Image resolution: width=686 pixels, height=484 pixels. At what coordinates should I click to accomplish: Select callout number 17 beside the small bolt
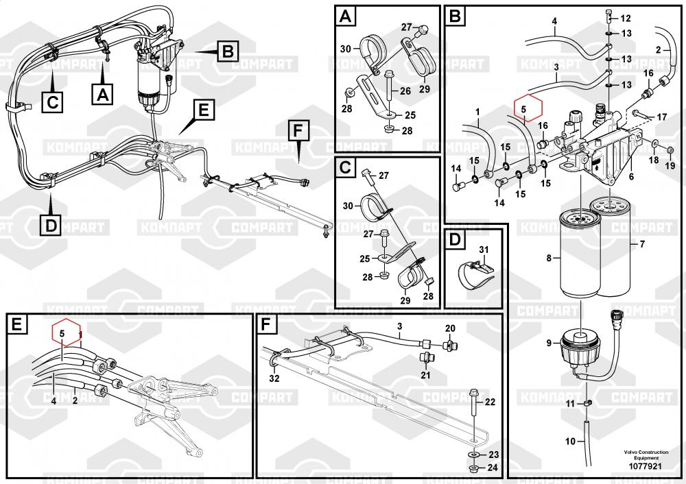pyautogui.click(x=661, y=117)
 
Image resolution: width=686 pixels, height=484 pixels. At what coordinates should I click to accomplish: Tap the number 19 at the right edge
pyautogui.click(x=670, y=165)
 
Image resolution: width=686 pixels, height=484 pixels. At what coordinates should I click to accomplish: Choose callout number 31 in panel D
pyautogui.click(x=483, y=249)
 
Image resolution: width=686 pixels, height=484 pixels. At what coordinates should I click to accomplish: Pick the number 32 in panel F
pyautogui.click(x=274, y=378)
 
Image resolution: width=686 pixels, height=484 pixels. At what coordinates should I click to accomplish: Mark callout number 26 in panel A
pyautogui.click(x=405, y=90)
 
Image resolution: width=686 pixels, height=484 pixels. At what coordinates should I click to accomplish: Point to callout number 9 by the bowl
pyautogui.click(x=549, y=343)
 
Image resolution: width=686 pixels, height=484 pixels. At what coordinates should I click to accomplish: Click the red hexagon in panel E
pyautogui.click(x=67, y=334)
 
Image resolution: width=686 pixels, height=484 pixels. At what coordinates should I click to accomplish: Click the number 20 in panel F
pyautogui.click(x=450, y=328)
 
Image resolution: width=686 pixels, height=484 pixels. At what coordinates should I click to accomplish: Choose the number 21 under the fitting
pyautogui.click(x=425, y=375)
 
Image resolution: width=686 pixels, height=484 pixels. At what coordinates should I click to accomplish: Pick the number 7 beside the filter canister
pyautogui.click(x=642, y=245)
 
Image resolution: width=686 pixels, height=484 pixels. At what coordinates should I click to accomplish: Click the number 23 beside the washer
pyautogui.click(x=493, y=455)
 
